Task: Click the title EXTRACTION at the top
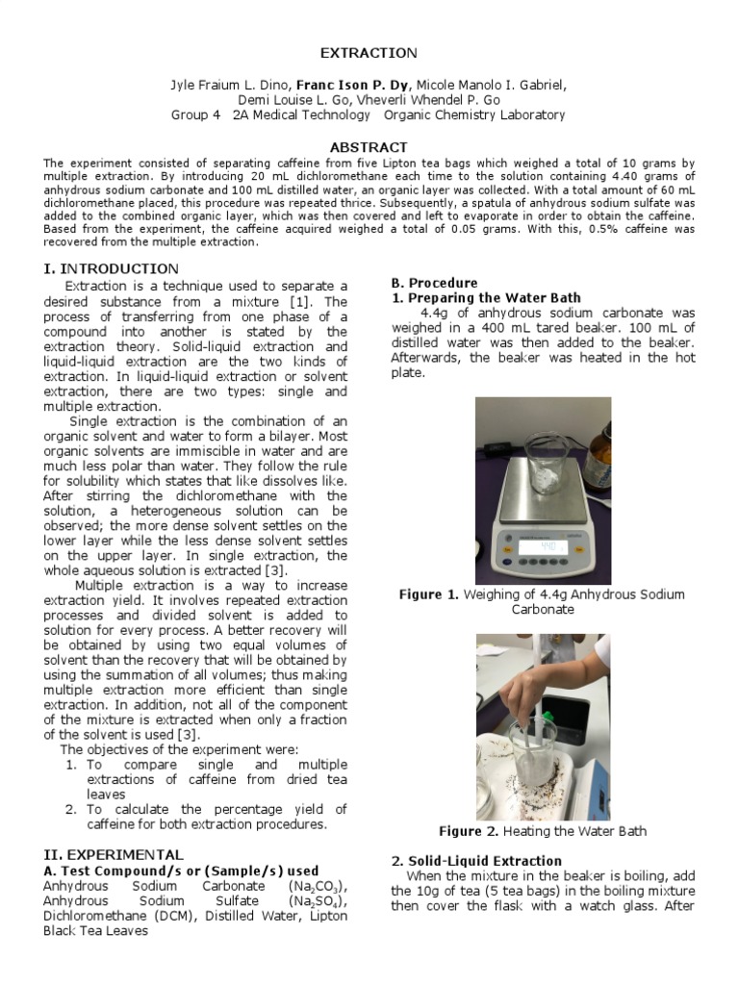click(x=369, y=53)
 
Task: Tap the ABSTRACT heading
click(x=369, y=147)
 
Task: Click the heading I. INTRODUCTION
click(x=111, y=268)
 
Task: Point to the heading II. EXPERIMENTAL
click(x=114, y=853)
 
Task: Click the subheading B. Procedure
click(x=433, y=283)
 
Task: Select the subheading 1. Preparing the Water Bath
click(x=486, y=298)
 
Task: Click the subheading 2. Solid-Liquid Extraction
click(x=476, y=860)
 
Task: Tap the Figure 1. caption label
click(x=428, y=594)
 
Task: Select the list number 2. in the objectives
click(x=70, y=809)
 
